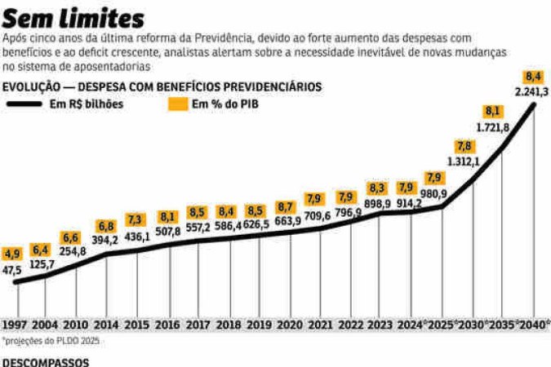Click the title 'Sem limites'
[x=73, y=18]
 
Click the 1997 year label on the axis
[x=14, y=324]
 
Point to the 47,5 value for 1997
[x=12, y=269]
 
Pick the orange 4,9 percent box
[x=12, y=254]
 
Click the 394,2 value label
[x=104, y=241]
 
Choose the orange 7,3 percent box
[x=136, y=220]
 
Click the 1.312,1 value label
[x=463, y=161]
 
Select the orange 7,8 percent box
[x=464, y=146]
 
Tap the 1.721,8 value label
[x=493, y=126]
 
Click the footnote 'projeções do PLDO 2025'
[x=49, y=339]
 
